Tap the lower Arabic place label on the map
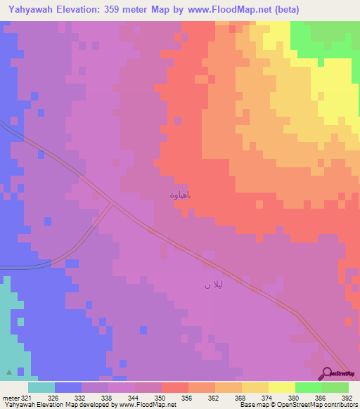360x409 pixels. pyautogui.click(x=212, y=285)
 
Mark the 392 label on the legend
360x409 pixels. pyautogui.click(x=346, y=397)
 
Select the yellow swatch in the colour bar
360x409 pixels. pyautogui.click(x=282, y=387)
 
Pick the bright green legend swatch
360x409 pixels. pyautogui.click(x=308, y=387)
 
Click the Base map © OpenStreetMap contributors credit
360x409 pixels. pyautogui.click(x=297, y=405)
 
